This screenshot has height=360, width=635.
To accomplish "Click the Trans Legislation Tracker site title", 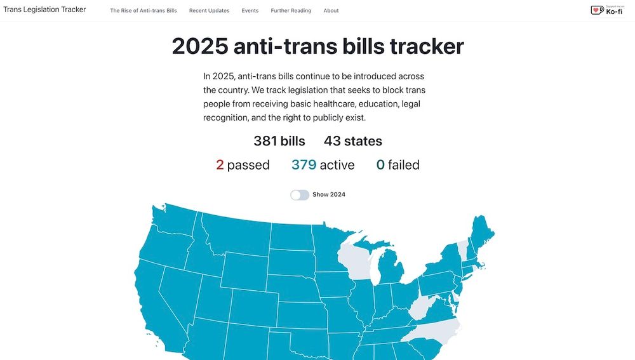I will [44, 10].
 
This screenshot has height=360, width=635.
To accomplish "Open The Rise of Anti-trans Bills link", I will [144, 11].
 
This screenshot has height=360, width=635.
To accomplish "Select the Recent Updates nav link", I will [209, 11].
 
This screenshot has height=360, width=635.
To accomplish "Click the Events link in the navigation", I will [250, 11].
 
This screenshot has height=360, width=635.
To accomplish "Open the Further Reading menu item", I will [291, 11].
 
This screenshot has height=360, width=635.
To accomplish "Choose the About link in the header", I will [331, 11].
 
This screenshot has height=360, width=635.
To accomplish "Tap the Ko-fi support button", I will [606, 10].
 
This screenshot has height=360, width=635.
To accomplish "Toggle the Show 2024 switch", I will [300, 195].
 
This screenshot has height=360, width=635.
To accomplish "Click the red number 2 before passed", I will [220, 165].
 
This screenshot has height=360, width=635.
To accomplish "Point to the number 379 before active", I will [304, 165].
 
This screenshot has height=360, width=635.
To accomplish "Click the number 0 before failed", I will [380, 165].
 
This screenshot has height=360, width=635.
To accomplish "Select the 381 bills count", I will [279, 141].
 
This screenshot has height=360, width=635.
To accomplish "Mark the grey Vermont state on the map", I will [462, 249].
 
